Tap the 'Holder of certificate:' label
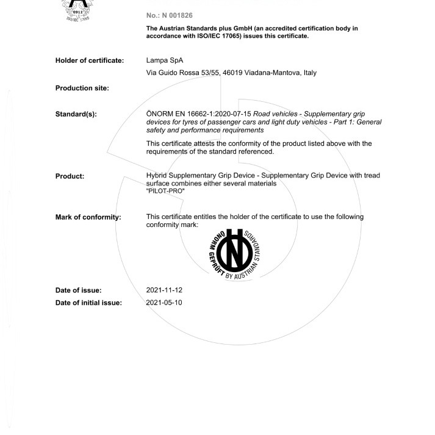pos(90,60)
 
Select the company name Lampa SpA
pos(165,60)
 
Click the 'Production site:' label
pos(82,88)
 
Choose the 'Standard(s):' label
pos(76,114)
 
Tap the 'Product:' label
pos(70,176)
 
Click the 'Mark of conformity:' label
pos(88,217)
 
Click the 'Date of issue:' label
pos(78,290)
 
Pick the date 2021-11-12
pos(164,290)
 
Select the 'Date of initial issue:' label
pos(88,303)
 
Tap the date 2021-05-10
pos(164,303)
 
